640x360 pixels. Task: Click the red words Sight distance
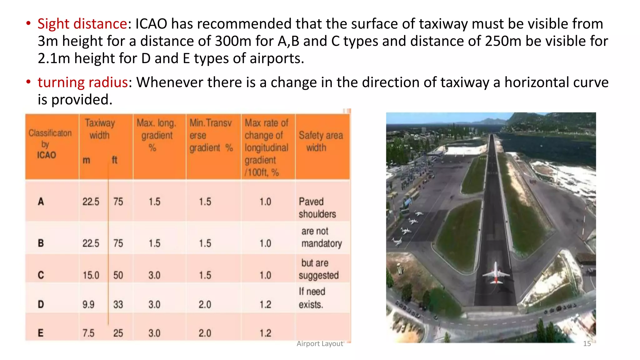(82, 24)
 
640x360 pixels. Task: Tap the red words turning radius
(82, 82)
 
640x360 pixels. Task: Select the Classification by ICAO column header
(50, 144)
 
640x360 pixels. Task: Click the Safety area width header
(321, 141)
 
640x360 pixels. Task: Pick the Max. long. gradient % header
(156, 135)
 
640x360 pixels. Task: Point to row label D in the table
(41, 304)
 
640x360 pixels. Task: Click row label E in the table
(41, 333)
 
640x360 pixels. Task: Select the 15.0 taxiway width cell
(91, 275)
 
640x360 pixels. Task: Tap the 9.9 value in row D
(88, 304)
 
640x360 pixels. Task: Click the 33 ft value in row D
(118, 304)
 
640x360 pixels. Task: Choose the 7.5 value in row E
(88, 333)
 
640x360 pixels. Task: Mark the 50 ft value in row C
(118, 275)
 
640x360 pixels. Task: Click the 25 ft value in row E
(118, 333)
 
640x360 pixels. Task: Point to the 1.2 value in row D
(265, 304)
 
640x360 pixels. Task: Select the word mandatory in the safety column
(322, 243)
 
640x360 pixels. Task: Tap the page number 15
(587, 344)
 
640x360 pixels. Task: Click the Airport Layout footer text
(320, 344)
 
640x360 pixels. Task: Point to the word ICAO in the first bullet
(151, 24)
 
